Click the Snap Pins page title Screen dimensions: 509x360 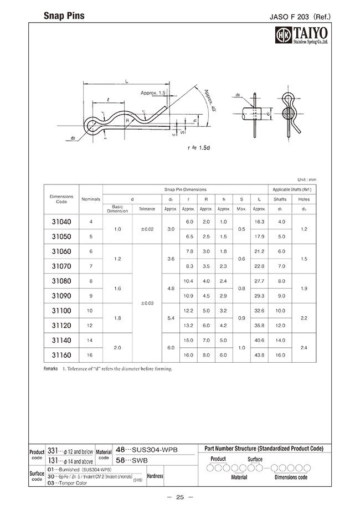pos(64,17)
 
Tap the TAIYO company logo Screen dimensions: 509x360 pos(302,36)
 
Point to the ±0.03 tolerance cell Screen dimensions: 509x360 pos(147,303)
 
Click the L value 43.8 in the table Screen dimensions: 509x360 pos(259,354)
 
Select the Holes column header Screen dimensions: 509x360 pos(304,199)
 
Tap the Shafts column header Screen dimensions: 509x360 pos(280,199)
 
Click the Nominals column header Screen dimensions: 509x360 pos(90,199)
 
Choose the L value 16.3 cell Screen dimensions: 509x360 pos(259,222)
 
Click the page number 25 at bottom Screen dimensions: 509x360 pos(179,497)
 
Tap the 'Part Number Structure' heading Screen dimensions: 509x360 pos(264,448)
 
